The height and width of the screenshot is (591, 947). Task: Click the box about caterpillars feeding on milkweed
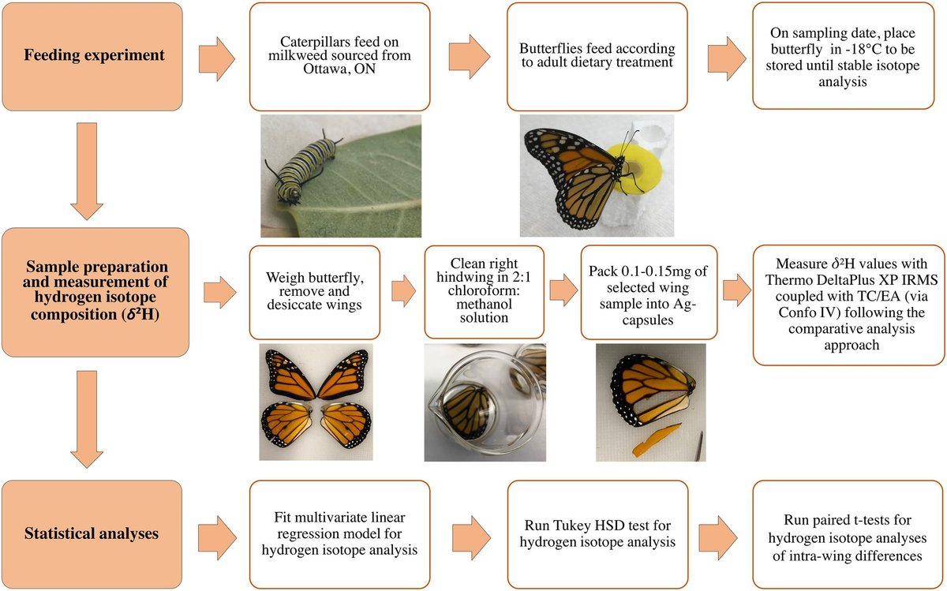(x=339, y=56)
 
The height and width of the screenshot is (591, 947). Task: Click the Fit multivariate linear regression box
(x=339, y=533)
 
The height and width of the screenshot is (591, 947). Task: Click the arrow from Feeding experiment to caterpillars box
(x=218, y=57)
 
